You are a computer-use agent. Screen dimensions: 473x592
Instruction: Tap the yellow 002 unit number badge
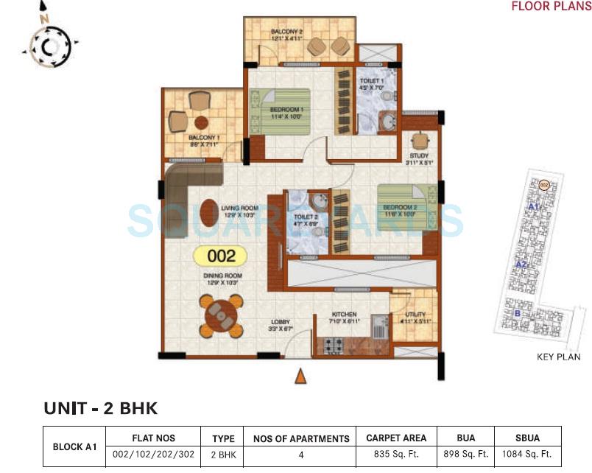click(x=221, y=256)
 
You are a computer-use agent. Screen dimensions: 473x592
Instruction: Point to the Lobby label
click(x=280, y=324)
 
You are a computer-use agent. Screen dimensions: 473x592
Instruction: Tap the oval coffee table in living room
click(x=208, y=211)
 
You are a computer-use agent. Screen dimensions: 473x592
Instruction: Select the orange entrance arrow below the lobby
click(x=300, y=376)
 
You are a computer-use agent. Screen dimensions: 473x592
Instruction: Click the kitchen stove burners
click(x=334, y=344)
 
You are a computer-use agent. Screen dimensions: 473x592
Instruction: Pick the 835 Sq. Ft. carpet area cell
click(x=395, y=455)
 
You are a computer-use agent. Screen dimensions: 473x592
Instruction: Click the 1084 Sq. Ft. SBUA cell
click(x=526, y=455)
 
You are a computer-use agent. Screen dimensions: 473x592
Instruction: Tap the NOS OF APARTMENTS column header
click(x=300, y=438)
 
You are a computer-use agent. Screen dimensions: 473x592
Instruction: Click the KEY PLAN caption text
click(x=558, y=357)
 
